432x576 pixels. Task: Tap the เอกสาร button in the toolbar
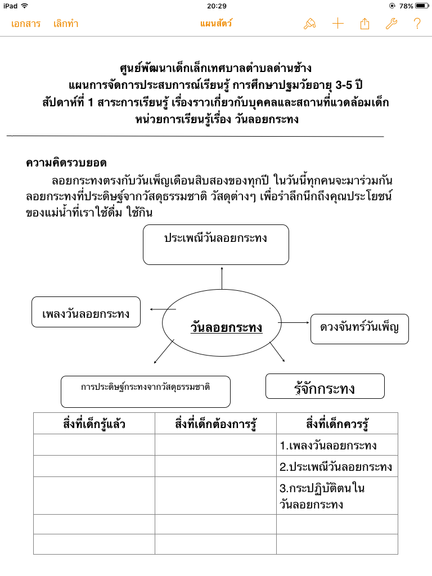26,24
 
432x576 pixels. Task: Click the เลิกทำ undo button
66,24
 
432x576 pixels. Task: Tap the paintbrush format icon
309,24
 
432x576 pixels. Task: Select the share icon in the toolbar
364,24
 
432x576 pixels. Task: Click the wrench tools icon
391,24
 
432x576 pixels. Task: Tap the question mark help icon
417,24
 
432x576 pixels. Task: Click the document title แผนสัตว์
216,24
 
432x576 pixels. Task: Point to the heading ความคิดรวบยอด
66,163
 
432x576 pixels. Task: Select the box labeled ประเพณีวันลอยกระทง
215,244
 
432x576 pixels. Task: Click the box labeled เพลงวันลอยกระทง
86,312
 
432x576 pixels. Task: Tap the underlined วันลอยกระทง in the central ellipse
226,327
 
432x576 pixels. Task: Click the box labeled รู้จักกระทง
325,386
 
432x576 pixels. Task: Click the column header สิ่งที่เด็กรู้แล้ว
94,424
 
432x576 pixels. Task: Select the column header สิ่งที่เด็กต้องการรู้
215,424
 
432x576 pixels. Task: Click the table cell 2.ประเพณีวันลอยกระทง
336,466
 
